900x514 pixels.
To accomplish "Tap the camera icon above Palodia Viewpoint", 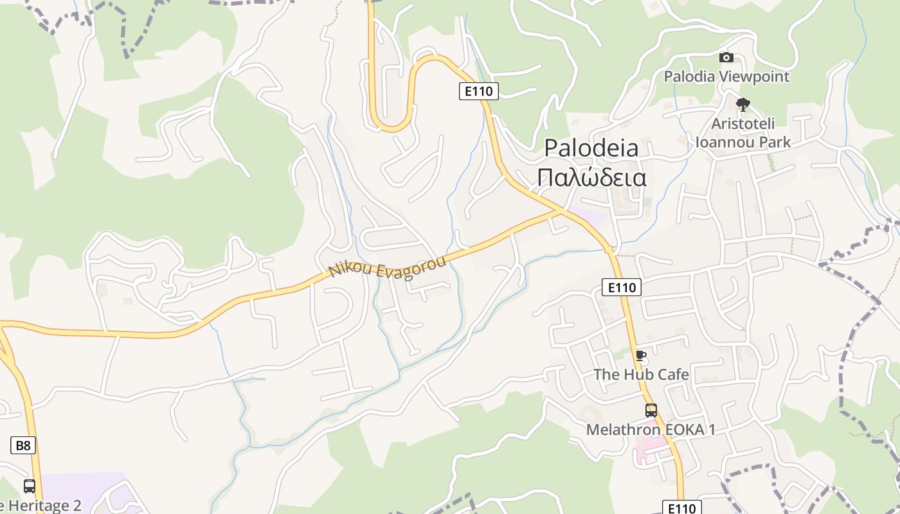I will pos(726,57).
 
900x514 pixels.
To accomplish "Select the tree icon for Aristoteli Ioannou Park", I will pos(743,104).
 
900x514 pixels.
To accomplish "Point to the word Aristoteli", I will pos(743,123).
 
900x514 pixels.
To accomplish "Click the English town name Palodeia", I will pos(591,148).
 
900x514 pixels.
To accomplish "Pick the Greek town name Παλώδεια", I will pos(591,177).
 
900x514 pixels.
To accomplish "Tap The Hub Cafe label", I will pos(641,374).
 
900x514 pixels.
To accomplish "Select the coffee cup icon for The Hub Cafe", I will pos(640,355).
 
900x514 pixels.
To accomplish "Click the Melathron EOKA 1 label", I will pos(651,429).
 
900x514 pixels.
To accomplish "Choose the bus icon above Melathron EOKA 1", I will pos(651,410).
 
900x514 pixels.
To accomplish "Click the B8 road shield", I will pos(22,445).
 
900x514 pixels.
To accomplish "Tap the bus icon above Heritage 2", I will pos(29,486).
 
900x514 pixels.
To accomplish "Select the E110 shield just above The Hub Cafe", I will pos(622,287).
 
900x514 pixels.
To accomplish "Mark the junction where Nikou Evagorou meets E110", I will pos(561,210).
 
